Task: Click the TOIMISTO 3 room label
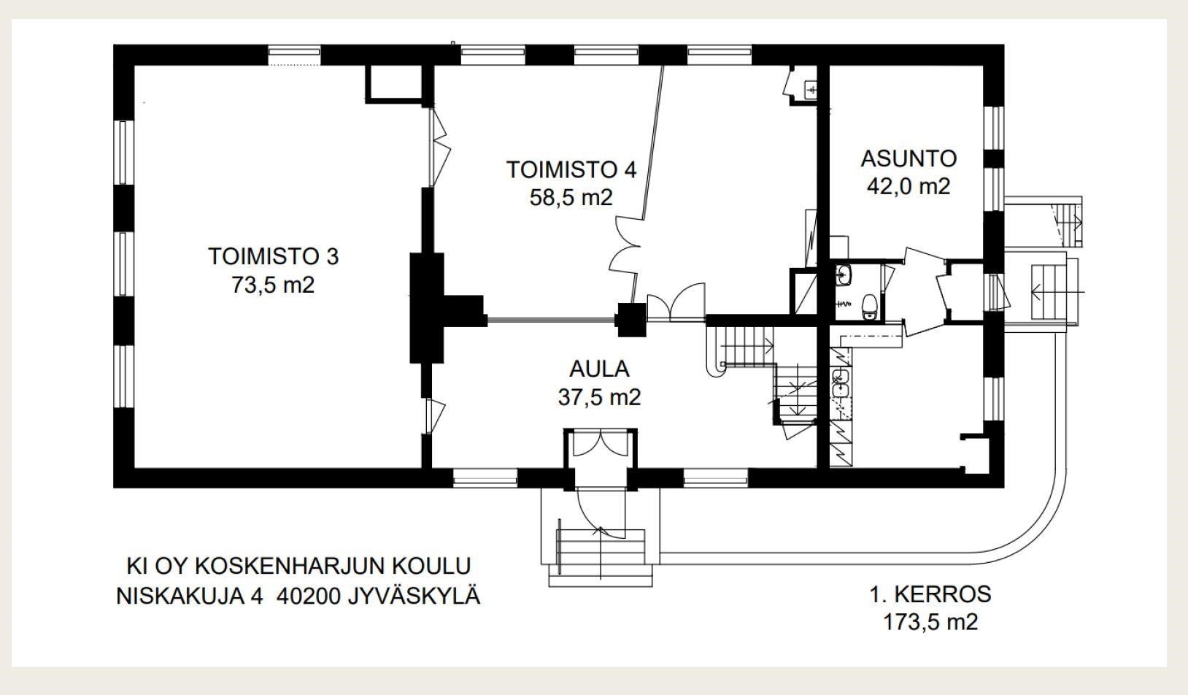tap(273, 256)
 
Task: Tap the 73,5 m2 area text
tap(273, 285)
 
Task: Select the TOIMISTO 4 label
tap(571, 169)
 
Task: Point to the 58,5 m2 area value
tap(571, 197)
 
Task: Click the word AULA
tap(599, 369)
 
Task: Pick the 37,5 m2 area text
tap(599, 397)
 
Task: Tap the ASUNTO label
tap(909, 158)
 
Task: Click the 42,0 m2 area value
tap(909, 186)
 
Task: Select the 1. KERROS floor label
tap(930, 594)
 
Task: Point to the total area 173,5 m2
tap(930, 622)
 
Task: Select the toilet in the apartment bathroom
tap(869, 305)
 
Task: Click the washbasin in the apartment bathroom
tap(844, 275)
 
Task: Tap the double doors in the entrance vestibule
tap(599, 444)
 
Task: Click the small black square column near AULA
tap(630, 319)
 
